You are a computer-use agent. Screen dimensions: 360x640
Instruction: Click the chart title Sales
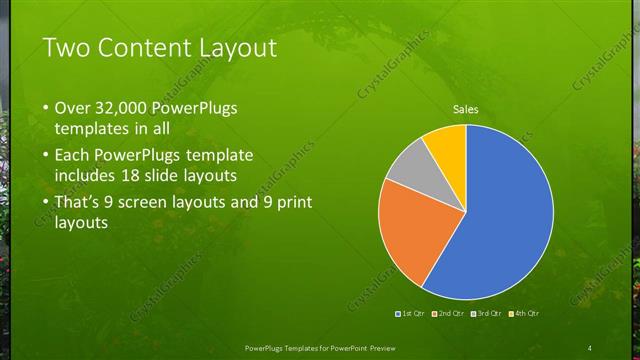(465, 109)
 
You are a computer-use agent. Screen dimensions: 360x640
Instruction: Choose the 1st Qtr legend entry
(412, 315)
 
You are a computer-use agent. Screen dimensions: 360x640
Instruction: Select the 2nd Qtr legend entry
(451, 315)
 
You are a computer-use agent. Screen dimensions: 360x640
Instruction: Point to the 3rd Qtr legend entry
(488, 315)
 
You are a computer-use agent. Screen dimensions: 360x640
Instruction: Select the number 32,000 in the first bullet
(125, 107)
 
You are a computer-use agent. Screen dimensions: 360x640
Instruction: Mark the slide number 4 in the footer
(590, 347)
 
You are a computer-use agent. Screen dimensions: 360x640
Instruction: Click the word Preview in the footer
(376, 347)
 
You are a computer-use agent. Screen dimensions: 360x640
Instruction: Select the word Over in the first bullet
(70, 107)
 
